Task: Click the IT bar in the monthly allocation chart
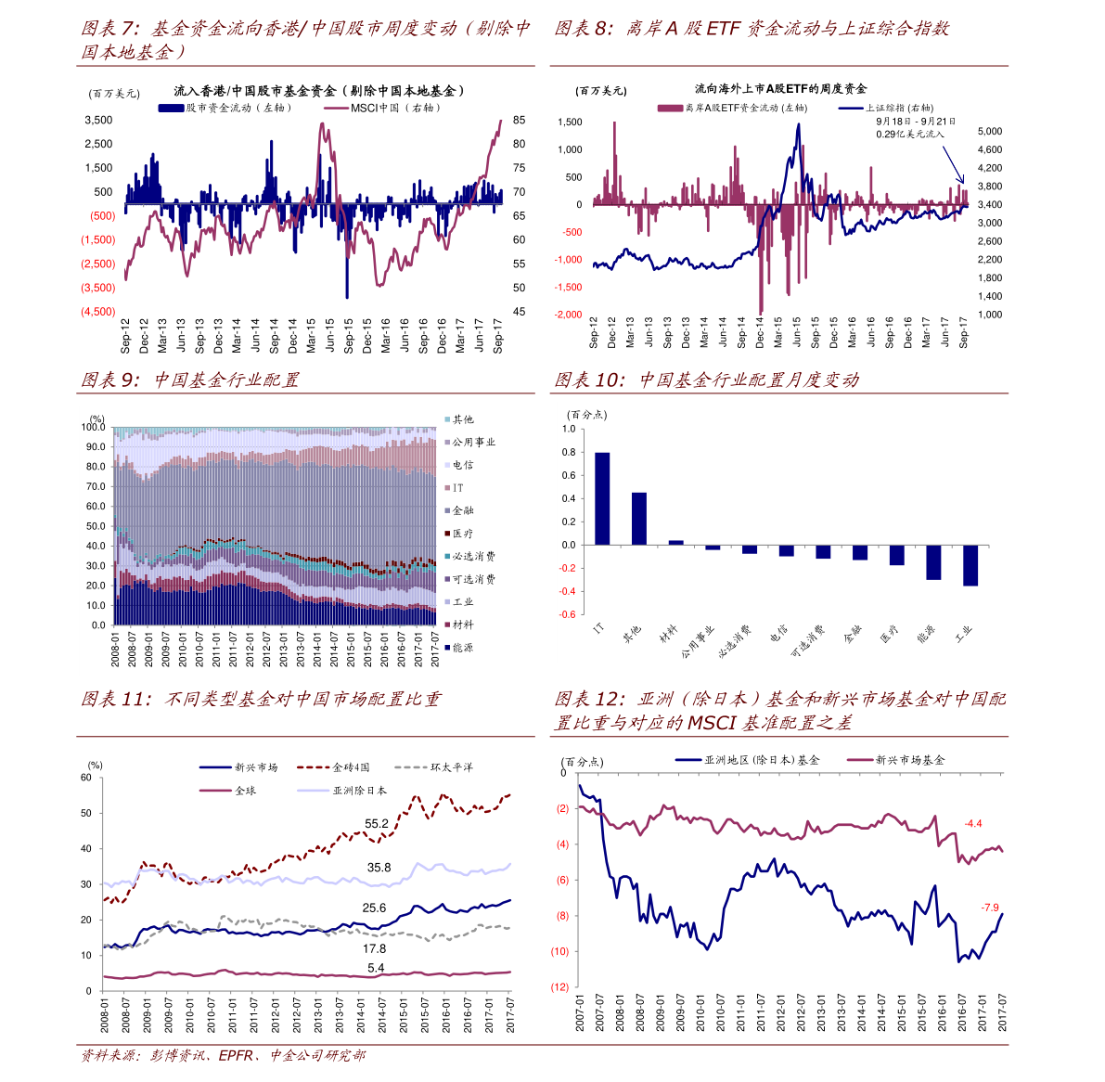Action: [x=602, y=498]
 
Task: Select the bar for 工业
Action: [x=970, y=565]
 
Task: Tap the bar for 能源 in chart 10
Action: [x=933, y=561]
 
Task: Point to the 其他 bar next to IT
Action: [x=639, y=519]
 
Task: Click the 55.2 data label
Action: [x=377, y=824]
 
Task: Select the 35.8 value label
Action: [x=379, y=868]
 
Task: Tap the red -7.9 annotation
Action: [x=990, y=908]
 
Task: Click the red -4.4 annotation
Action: [x=973, y=824]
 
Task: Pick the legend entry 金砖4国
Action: [x=351, y=767]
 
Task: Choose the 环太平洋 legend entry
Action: [x=451, y=767]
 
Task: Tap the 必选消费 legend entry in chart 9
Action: [x=473, y=556]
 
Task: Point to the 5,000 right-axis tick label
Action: [x=990, y=132]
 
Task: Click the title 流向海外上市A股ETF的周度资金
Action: [x=780, y=89]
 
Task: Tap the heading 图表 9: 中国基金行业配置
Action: [x=190, y=380]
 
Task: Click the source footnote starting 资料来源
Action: [x=223, y=1056]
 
